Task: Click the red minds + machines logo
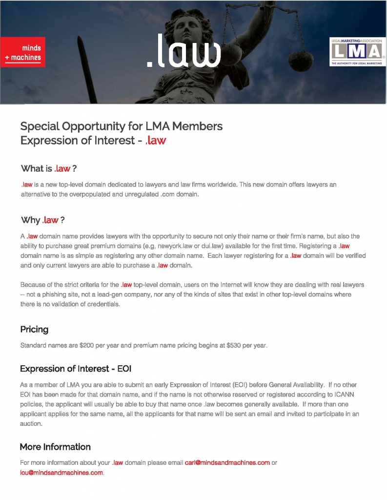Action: click(x=23, y=53)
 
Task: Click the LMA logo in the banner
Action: click(x=355, y=52)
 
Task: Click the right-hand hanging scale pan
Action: click(x=301, y=59)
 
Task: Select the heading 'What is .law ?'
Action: click(x=49, y=168)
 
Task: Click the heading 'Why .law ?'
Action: click(x=43, y=220)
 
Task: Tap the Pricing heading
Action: click(x=34, y=329)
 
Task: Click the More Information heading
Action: click(x=55, y=447)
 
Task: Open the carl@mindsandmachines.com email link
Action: click(x=227, y=463)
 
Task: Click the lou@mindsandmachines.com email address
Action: click(x=61, y=473)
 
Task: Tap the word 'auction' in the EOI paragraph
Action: click(x=31, y=424)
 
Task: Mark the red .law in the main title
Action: click(x=156, y=141)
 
